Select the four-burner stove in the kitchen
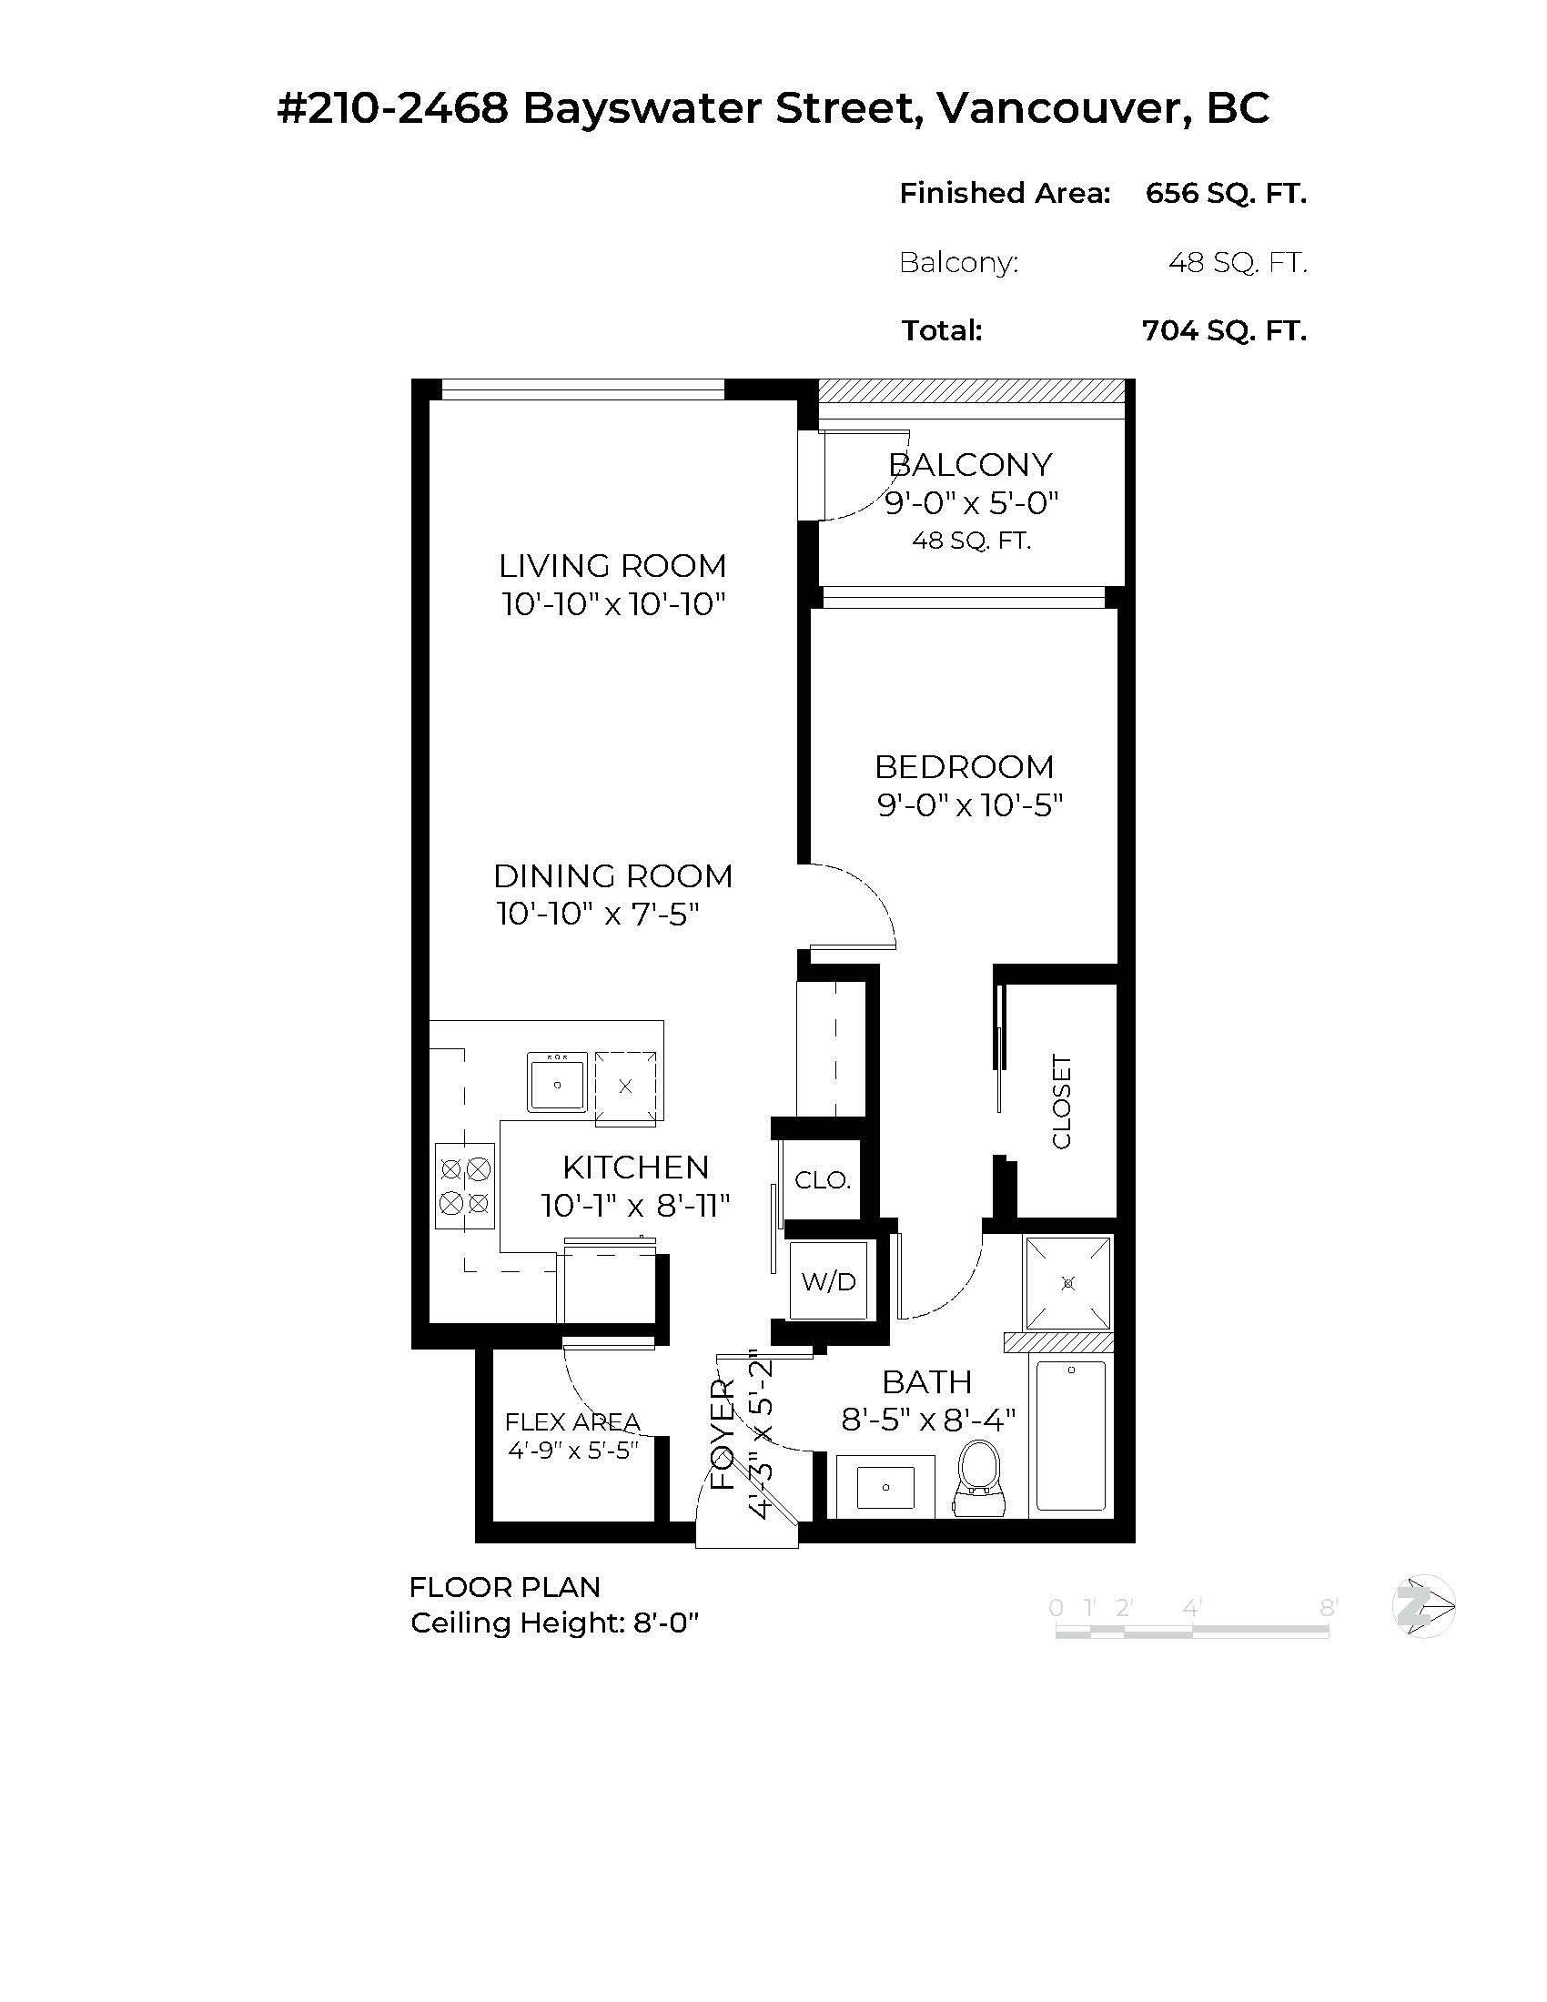click(x=465, y=1185)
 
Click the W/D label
click(x=828, y=1280)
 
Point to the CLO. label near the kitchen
click(x=822, y=1179)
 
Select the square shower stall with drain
click(x=1067, y=1282)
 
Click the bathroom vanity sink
click(x=885, y=1486)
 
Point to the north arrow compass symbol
click(x=1423, y=1606)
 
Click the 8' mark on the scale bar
click(x=1328, y=1608)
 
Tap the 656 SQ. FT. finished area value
click(x=1226, y=193)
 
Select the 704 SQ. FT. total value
click(x=1223, y=330)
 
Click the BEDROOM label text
click(x=964, y=766)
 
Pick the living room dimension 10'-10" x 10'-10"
click(x=613, y=604)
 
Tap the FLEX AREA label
click(x=572, y=1421)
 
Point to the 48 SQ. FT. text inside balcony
click(x=972, y=541)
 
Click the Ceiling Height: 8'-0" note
click(x=554, y=1623)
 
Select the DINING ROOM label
click(x=613, y=875)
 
